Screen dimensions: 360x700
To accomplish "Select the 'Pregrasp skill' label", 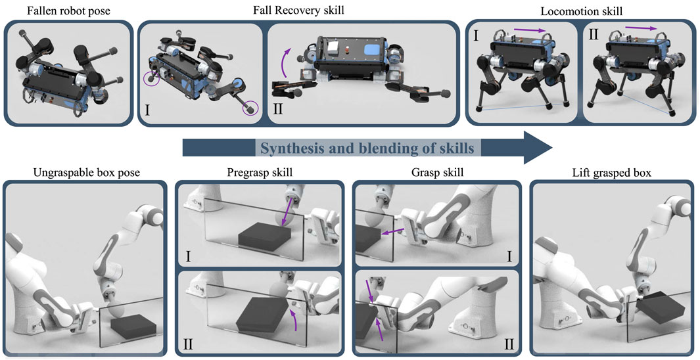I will coord(260,173).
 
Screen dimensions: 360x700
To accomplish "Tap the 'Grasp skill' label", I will coord(436,173).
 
